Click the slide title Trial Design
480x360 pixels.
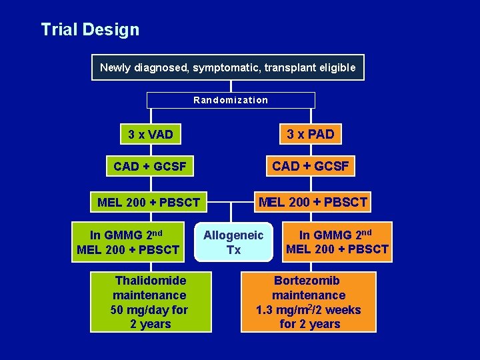point(90,30)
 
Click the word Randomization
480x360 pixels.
point(231,100)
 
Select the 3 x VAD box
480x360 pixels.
point(151,135)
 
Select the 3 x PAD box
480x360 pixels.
point(310,134)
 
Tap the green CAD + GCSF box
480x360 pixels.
point(150,166)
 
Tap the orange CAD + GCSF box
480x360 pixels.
point(310,166)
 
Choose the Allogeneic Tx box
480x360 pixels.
point(233,242)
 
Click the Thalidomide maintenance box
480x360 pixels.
point(151,302)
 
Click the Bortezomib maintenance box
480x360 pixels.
point(309,302)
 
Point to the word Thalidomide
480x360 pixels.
point(151,281)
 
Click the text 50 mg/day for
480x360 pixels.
point(149,310)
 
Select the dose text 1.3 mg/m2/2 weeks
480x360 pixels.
point(309,310)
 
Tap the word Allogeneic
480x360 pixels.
point(233,235)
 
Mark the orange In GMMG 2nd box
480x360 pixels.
point(337,242)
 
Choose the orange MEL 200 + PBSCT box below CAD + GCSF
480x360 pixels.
point(313,202)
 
